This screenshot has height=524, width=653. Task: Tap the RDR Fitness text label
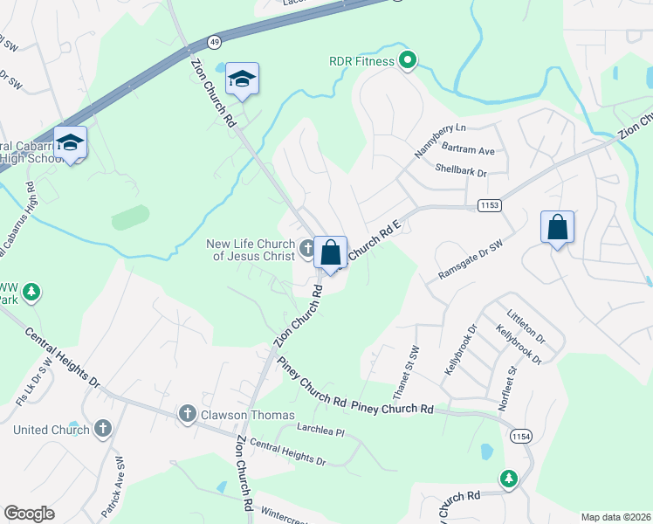coord(362,61)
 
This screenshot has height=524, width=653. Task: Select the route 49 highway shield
coord(215,41)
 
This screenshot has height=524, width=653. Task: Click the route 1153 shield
coord(490,204)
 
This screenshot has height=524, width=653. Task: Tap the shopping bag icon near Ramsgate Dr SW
coord(557,228)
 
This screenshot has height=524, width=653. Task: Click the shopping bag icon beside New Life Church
coord(330,254)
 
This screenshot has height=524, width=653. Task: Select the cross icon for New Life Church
coord(306,248)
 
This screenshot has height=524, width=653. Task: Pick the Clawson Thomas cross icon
coord(186,414)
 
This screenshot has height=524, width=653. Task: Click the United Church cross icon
coord(103,429)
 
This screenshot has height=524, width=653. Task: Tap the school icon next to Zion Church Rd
coord(242,79)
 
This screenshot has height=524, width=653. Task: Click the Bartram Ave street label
coord(468,151)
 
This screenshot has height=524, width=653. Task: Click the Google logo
coord(30,514)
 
